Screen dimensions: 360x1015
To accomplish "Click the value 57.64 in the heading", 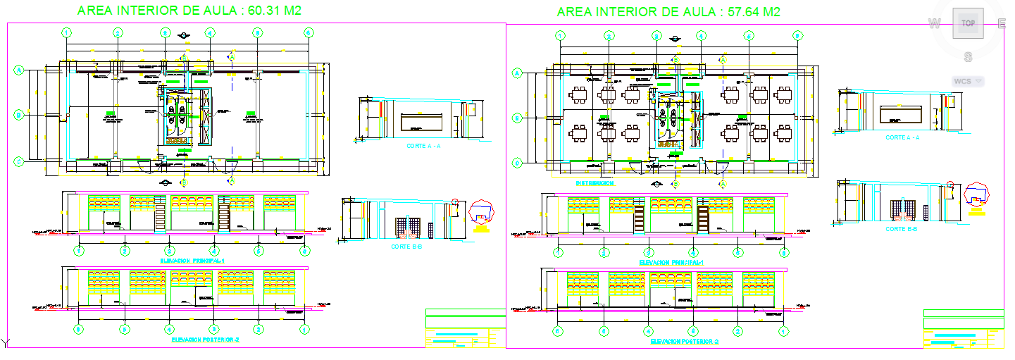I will coord(740,11).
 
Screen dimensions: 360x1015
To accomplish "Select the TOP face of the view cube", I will coord(969,23).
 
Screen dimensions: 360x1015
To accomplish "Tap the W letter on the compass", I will coord(935,24).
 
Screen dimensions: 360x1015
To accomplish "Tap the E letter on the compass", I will coord(1001,24).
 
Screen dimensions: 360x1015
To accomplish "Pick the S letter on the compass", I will coord(969,56).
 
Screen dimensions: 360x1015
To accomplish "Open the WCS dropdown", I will coord(969,81).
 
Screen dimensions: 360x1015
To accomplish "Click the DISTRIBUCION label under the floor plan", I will coord(596,182).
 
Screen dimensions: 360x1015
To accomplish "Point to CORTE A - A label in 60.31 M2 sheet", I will coord(424,147).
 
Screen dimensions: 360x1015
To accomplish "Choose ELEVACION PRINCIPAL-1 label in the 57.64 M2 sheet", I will coord(672,262).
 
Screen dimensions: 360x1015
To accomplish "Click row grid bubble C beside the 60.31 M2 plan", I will coord(19,161).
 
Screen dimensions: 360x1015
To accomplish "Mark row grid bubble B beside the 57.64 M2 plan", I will coord(516,118).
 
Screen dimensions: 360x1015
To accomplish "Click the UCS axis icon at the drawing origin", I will coord(6,343).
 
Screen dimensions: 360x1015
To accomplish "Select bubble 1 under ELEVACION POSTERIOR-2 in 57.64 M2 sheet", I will coord(784,330).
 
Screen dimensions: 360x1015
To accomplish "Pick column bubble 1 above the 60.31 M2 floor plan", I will coord(67,32).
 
